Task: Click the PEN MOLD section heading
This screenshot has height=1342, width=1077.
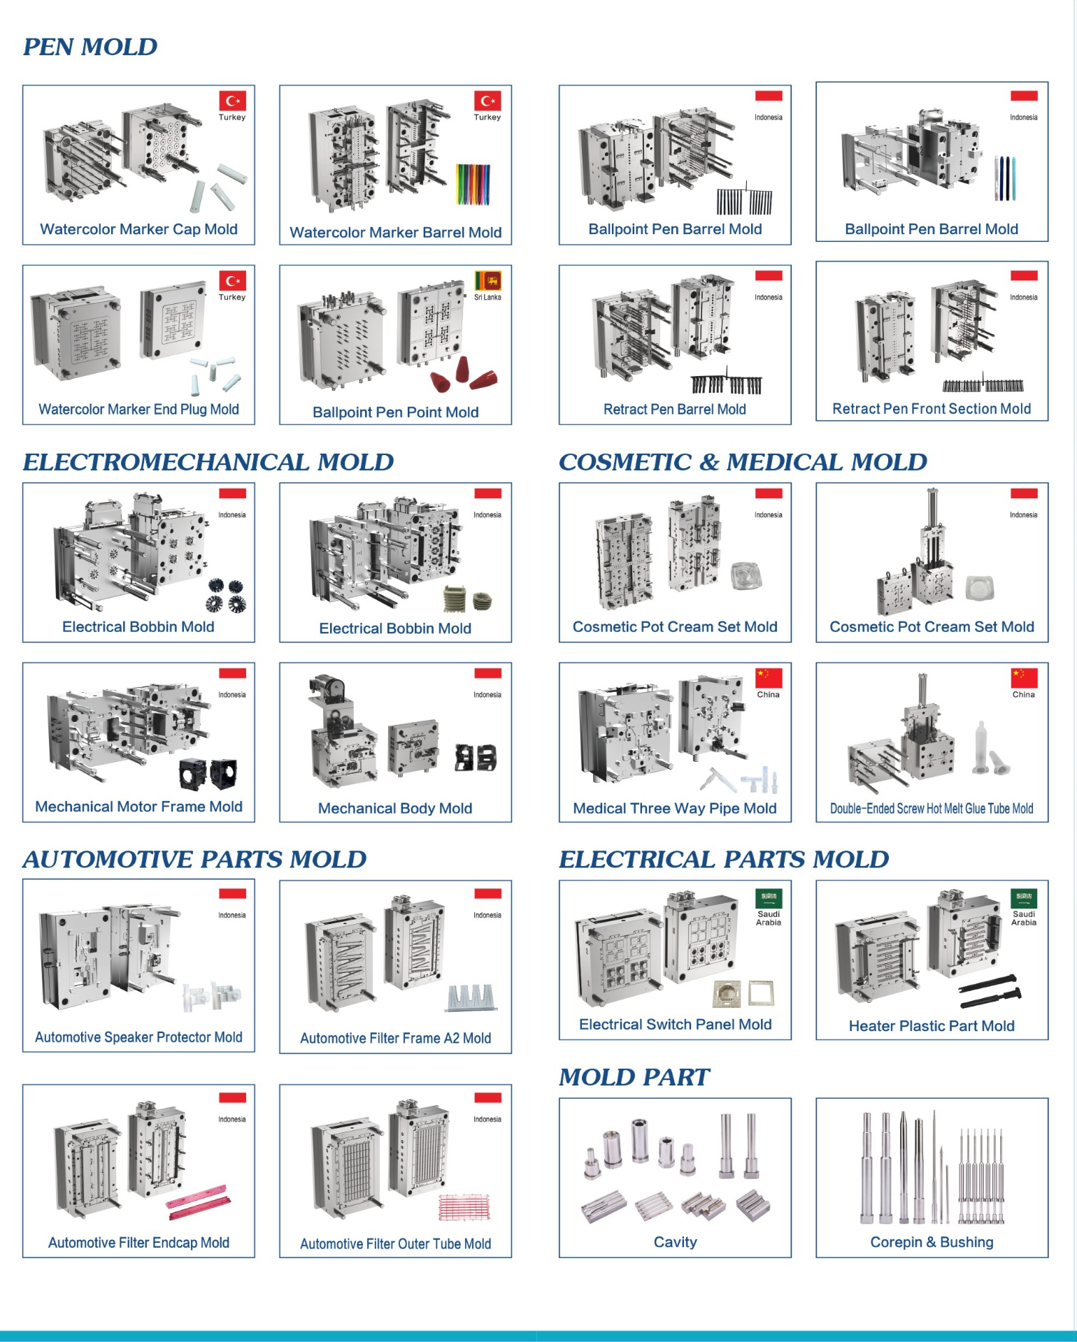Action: (90, 47)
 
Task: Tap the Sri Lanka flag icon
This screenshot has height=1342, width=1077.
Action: (487, 281)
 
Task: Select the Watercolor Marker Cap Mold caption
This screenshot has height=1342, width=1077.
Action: (138, 229)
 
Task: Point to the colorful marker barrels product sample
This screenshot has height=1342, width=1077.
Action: (473, 185)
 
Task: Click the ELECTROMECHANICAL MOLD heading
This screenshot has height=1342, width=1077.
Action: (208, 462)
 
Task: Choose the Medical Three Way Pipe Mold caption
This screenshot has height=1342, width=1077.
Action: (674, 809)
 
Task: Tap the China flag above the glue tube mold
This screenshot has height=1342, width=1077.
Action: (1023, 677)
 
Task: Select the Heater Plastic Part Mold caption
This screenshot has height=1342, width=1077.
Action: (931, 1026)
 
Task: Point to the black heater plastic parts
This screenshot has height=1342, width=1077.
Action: (989, 991)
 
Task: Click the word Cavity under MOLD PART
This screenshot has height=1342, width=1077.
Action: (675, 1242)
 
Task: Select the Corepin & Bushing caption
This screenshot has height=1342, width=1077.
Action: (931, 1242)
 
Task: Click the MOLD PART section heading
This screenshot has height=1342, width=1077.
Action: (634, 1077)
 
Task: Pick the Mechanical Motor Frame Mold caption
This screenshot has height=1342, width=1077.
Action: (138, 807)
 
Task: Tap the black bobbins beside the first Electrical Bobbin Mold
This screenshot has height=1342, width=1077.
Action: (225, 596)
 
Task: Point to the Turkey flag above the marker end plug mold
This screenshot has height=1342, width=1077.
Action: (232, 281)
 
